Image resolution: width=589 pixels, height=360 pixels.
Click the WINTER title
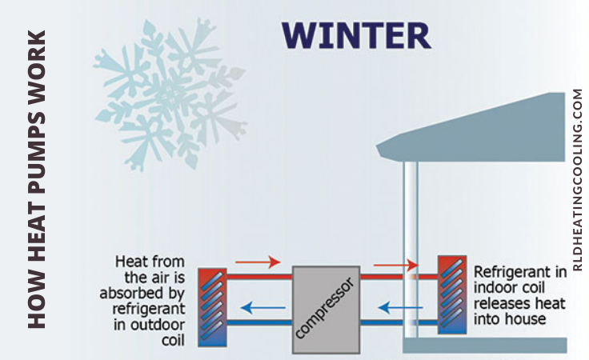[356, 36]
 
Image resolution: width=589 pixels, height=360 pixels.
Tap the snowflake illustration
[170, 93]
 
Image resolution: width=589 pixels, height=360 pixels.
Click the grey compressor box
[326, 310]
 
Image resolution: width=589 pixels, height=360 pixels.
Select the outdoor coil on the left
[212, 307]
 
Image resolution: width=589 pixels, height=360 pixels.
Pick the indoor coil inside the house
[452, 294]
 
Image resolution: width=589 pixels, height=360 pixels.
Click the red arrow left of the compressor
[258, 262]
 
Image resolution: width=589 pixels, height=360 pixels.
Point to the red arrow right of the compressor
[395, 265]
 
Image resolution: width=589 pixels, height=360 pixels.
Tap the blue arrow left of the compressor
[263, 308]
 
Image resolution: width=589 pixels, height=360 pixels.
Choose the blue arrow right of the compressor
[400, 308]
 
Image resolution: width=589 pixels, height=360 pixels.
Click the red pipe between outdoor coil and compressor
[259, 277]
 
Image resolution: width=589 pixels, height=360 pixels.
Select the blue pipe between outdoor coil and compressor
[259, 322]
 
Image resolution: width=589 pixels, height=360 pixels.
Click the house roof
[471, 128]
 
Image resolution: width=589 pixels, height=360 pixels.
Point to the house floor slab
[485, 346]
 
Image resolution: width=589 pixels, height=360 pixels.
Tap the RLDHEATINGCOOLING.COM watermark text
[578, 180]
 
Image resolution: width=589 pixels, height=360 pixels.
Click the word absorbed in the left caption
[142, 293]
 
